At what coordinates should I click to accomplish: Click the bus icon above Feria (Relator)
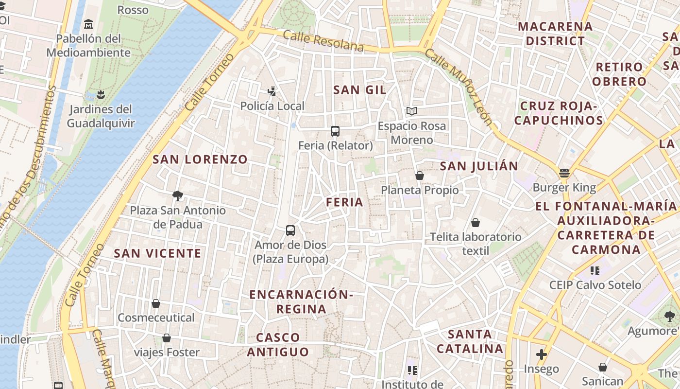335,131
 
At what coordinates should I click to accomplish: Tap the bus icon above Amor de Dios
290,230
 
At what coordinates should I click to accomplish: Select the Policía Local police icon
272,90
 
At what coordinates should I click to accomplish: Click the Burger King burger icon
564,173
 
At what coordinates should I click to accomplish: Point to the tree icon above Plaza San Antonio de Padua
178,196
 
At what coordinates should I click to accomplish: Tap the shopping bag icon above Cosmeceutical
156,303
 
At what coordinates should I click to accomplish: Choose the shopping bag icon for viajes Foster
167,338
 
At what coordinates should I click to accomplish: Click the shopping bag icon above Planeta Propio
420,176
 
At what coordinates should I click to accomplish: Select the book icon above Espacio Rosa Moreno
412,111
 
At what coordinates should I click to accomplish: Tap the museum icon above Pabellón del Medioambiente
88,24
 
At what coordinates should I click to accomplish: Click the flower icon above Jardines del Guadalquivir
101,94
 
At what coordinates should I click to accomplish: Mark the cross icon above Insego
542,354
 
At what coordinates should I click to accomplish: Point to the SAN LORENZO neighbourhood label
200,159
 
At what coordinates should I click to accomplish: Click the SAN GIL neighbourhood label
360,90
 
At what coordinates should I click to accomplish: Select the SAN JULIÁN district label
479,166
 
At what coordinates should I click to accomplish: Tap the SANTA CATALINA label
470,341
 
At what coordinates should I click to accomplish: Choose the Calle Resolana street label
323,41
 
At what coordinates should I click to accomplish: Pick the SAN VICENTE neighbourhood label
157,253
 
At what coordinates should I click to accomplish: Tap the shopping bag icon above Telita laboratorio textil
476,223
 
